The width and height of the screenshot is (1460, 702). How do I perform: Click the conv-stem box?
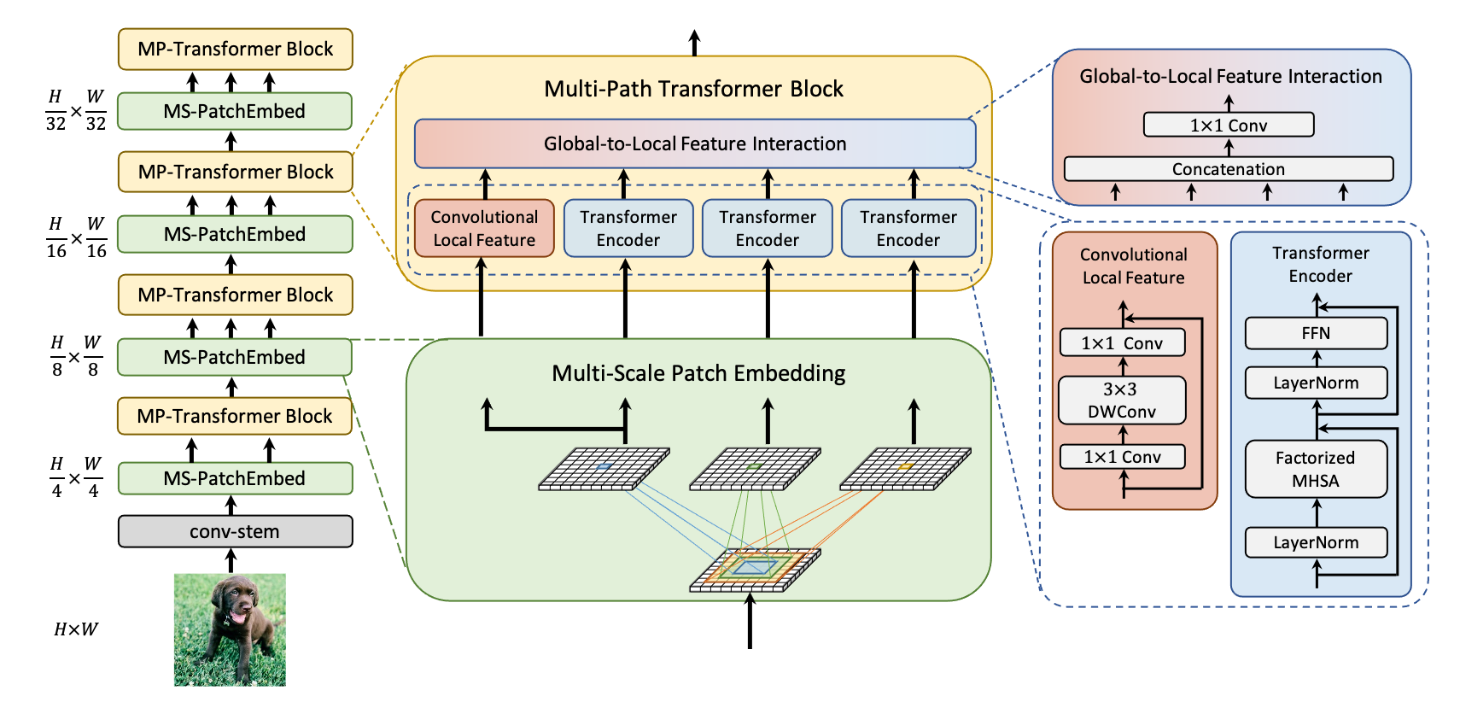pyautogui.click(x=235, y=531)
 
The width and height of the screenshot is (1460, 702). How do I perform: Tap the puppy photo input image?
pyautogui.click(x=230, y=629)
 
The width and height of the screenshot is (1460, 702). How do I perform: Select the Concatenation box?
pyautogui.click(x=1228, y=169)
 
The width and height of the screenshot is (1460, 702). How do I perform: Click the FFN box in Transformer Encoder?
pyautogui.click(x=1316, y=333)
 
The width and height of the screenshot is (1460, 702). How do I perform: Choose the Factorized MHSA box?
pyautogui.click(x=1316, y=469)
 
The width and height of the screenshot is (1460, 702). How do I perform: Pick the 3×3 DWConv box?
pyautogui.click(x=1122, y=401)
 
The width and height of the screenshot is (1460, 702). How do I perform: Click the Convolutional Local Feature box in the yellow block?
pyautogui.click(x=484, y=228)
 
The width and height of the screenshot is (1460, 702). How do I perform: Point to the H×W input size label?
pyautogui.click(x=76, y=629)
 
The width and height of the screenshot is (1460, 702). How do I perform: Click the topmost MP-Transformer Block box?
pyautogui.click(x=235, y=49)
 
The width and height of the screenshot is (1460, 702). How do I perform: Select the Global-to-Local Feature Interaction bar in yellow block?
pyautogui.click(x=694, y=143)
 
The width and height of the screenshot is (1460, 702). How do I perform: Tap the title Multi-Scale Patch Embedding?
pyautogui.click(x=698, y=373)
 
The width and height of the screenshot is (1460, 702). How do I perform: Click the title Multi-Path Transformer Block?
pyautogui.click(x=693, y=89)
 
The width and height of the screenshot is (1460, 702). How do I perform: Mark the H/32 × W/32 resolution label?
pyautogui.click(x=76, y=111)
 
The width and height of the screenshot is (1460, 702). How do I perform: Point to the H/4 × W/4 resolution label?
pyautogui.click(x=76, y=478)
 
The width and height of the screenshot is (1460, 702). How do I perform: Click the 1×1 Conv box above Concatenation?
pyautogui.click(x=1228, y=126)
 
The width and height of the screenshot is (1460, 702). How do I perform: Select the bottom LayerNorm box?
pyautogui.click(x=1316, y=542)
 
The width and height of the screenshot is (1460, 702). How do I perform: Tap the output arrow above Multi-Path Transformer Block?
pyautogui.click(x=694, y=42)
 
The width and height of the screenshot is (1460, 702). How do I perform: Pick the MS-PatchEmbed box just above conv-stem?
pyautogui.click(x=235, y=478)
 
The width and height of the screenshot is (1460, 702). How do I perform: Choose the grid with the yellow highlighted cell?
pyautogui.click(x=905, y=469)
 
